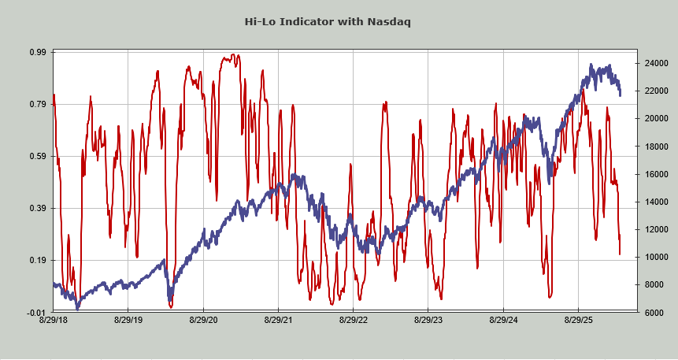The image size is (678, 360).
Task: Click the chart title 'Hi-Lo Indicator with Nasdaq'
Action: point(339,21)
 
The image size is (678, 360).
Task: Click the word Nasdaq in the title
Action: point(388,21)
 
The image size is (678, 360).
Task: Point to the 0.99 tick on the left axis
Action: point(37,52)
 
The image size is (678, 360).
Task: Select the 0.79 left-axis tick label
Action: point(37,104)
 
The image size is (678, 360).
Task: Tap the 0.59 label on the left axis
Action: point(37,156)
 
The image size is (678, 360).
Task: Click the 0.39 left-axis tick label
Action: point(37,208)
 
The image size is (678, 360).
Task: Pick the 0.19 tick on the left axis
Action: point(37,260)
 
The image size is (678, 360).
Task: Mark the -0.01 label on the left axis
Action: point(36,312)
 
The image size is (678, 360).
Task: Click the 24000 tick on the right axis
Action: point(635,63)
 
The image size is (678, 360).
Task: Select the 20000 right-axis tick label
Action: point(635,118)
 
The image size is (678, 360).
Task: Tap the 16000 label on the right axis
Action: point(635,174)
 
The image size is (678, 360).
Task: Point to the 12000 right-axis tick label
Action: point(635,229)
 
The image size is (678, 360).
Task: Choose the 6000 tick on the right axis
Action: point(632,313)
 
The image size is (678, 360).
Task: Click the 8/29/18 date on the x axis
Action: point(53,321)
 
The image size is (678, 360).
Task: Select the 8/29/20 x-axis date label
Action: point(203,321)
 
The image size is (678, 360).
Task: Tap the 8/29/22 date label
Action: point(354,321)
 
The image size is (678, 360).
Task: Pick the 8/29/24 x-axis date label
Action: point(504,321)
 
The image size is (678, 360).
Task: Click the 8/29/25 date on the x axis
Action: point(579,321)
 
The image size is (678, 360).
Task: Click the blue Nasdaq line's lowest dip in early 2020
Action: point(170,301)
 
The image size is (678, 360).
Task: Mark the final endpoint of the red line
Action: point(620,254)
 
